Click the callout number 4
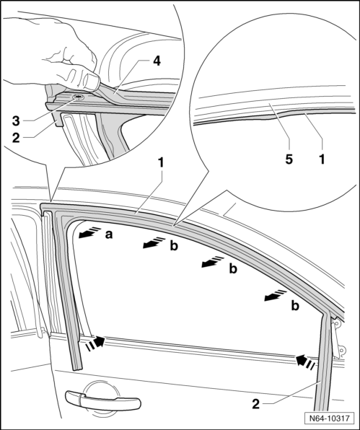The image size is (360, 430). [157, 61]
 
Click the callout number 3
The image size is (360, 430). [16, 121]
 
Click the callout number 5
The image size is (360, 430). [289, 159]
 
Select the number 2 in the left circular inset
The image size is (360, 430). [16, 138]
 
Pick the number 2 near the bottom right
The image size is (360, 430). [255, 404]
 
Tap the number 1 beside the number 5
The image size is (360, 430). [322, 159]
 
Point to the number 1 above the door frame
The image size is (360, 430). [161, 163]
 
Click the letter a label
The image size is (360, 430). [109, 234]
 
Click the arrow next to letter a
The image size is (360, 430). [89, 232]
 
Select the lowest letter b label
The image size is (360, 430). [295, 305]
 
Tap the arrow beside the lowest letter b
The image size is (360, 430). [276, 295]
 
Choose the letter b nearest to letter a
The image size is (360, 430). [174, 245]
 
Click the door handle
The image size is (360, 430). [103, 401]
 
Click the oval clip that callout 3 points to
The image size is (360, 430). [79, 97]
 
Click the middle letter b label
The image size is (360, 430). [233, 269]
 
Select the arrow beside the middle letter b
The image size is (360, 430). [213, 262]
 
